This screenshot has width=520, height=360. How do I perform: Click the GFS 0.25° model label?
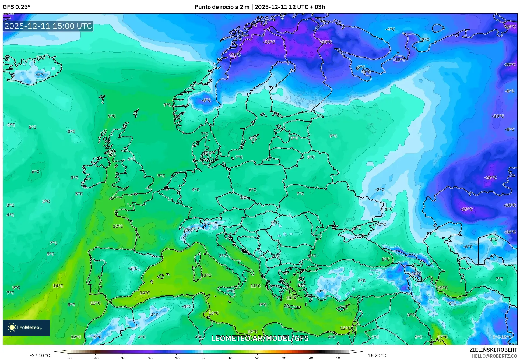[16, 7]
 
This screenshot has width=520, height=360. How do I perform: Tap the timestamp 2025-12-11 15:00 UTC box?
[48, 26]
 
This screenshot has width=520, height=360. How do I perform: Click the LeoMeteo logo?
[26, 327]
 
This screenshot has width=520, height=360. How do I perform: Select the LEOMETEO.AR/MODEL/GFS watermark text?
[260, 338]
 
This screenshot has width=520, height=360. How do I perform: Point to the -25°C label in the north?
[326, 42]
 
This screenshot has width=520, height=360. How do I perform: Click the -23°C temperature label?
[269, 42]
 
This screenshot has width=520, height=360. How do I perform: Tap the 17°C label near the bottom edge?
[442, 337]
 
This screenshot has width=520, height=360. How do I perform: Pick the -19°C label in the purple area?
[466, 209]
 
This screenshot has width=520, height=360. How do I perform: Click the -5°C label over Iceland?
[40, 75]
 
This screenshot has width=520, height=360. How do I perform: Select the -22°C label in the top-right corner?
[510, 27]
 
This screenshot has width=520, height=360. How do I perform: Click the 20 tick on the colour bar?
[257, 358]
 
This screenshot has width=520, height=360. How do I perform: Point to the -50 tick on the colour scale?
[68, 358]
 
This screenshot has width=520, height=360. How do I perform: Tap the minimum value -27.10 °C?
[40, 355]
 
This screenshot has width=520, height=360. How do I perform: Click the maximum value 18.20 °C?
[377, 355]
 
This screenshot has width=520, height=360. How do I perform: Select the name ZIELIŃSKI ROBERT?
[493, 350]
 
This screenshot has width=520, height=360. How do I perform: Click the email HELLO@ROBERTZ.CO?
[494, 356]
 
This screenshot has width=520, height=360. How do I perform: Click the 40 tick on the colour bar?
[311, 358]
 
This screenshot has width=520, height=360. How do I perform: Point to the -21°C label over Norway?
[235, 55]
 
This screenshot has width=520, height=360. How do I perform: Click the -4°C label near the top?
[390, 29]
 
